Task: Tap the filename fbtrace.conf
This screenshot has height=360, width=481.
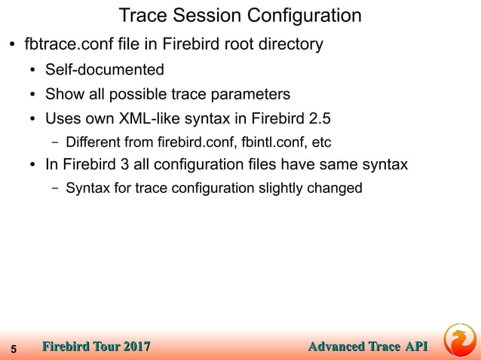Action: [66, 44]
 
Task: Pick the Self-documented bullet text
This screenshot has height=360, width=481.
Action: [104, 70]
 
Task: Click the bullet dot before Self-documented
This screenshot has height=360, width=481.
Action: [33, 71]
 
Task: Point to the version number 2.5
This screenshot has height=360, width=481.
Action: [320, 118]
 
